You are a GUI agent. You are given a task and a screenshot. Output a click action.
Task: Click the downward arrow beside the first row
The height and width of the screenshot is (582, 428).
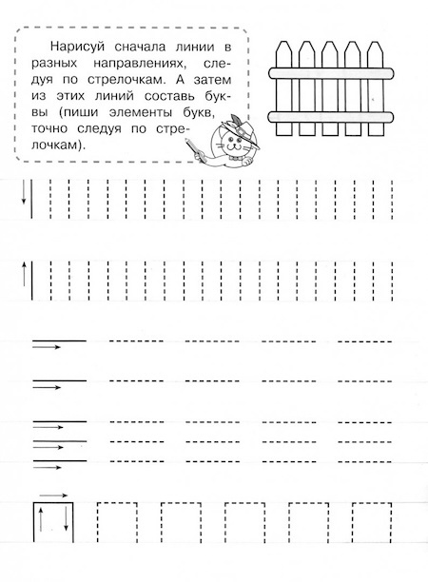coord(22,197)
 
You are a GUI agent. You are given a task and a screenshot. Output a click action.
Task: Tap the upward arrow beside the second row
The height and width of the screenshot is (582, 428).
coord(22,277)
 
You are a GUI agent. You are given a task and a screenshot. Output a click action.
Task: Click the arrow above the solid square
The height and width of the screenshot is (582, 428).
coord(53,495)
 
